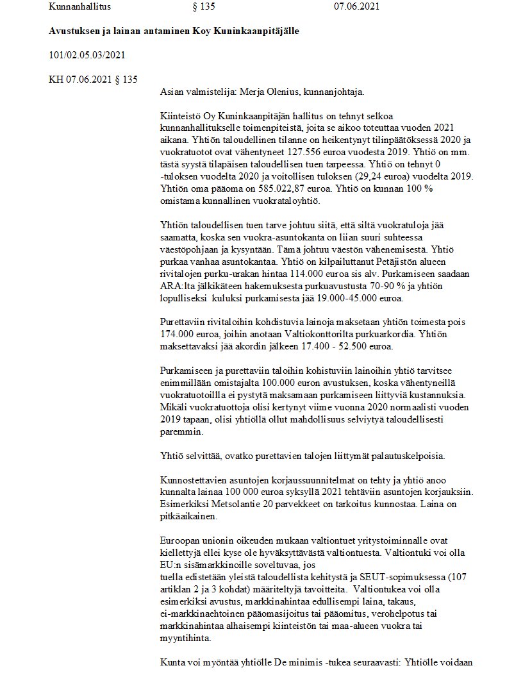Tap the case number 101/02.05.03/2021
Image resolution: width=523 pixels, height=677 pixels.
tap(87, 55)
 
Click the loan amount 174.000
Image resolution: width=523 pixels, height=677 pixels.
tap(175, 335)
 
